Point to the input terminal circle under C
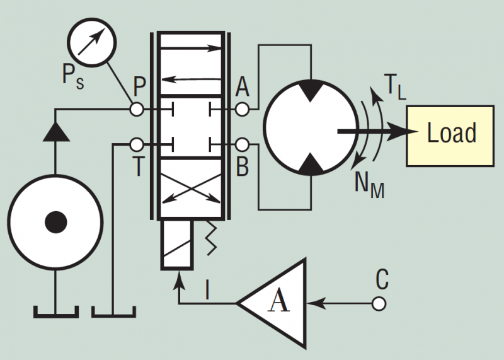[378, 303]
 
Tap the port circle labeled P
[136, 110]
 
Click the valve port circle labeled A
[242, 110]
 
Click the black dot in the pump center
[55, 221]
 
